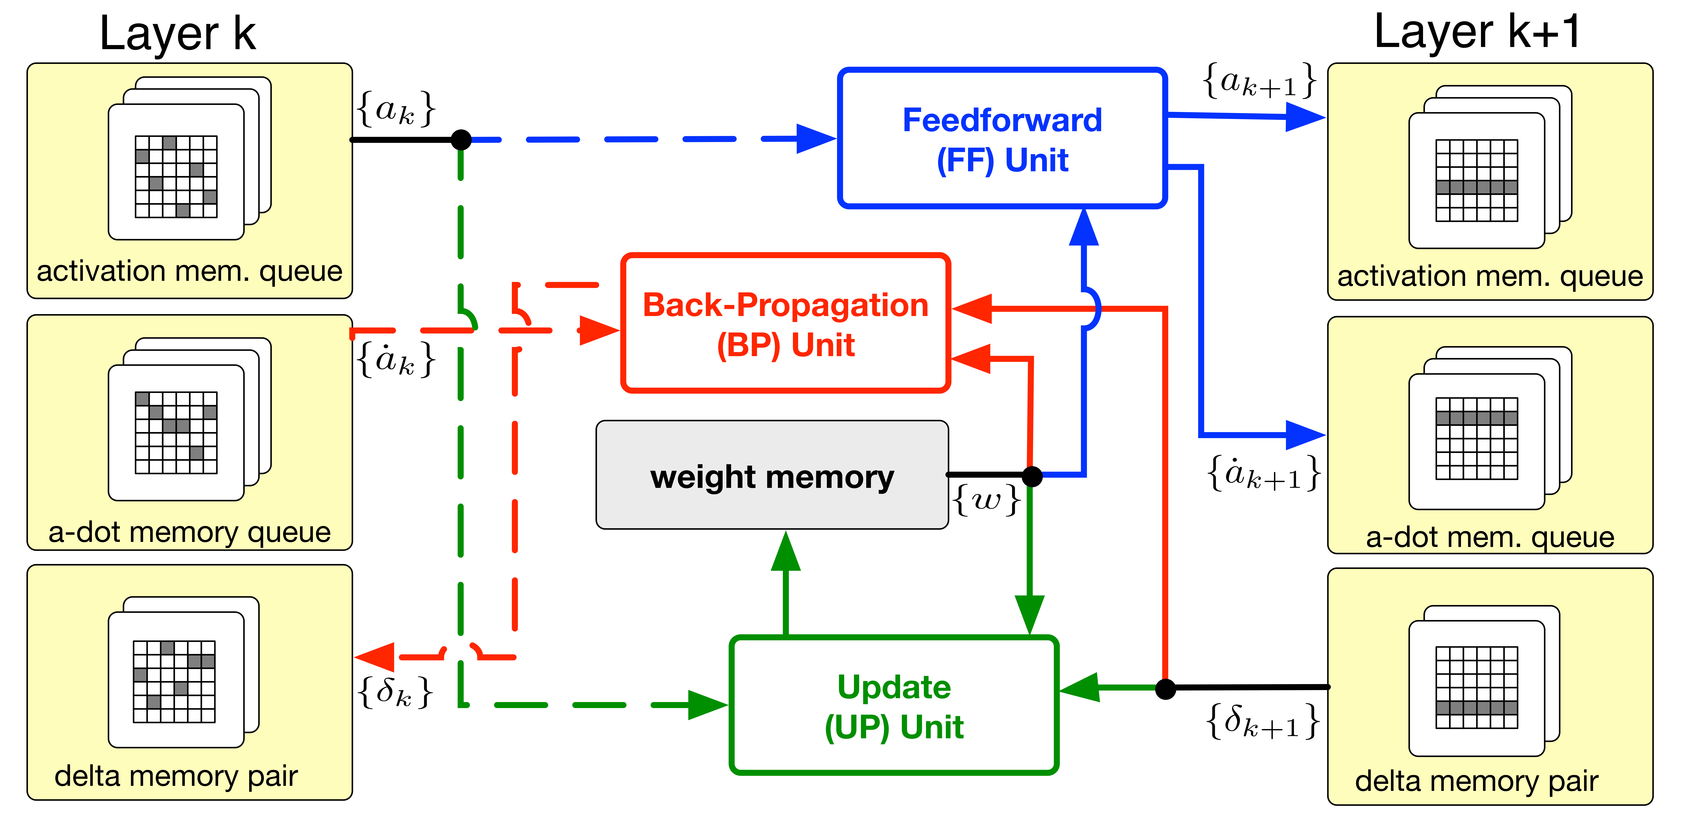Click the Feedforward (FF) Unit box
point(1002,139)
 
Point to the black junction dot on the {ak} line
point(461,140)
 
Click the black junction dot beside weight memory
point(1032,475)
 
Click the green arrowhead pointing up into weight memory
point(786,551)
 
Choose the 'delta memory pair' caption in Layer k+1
point(1476,781)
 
